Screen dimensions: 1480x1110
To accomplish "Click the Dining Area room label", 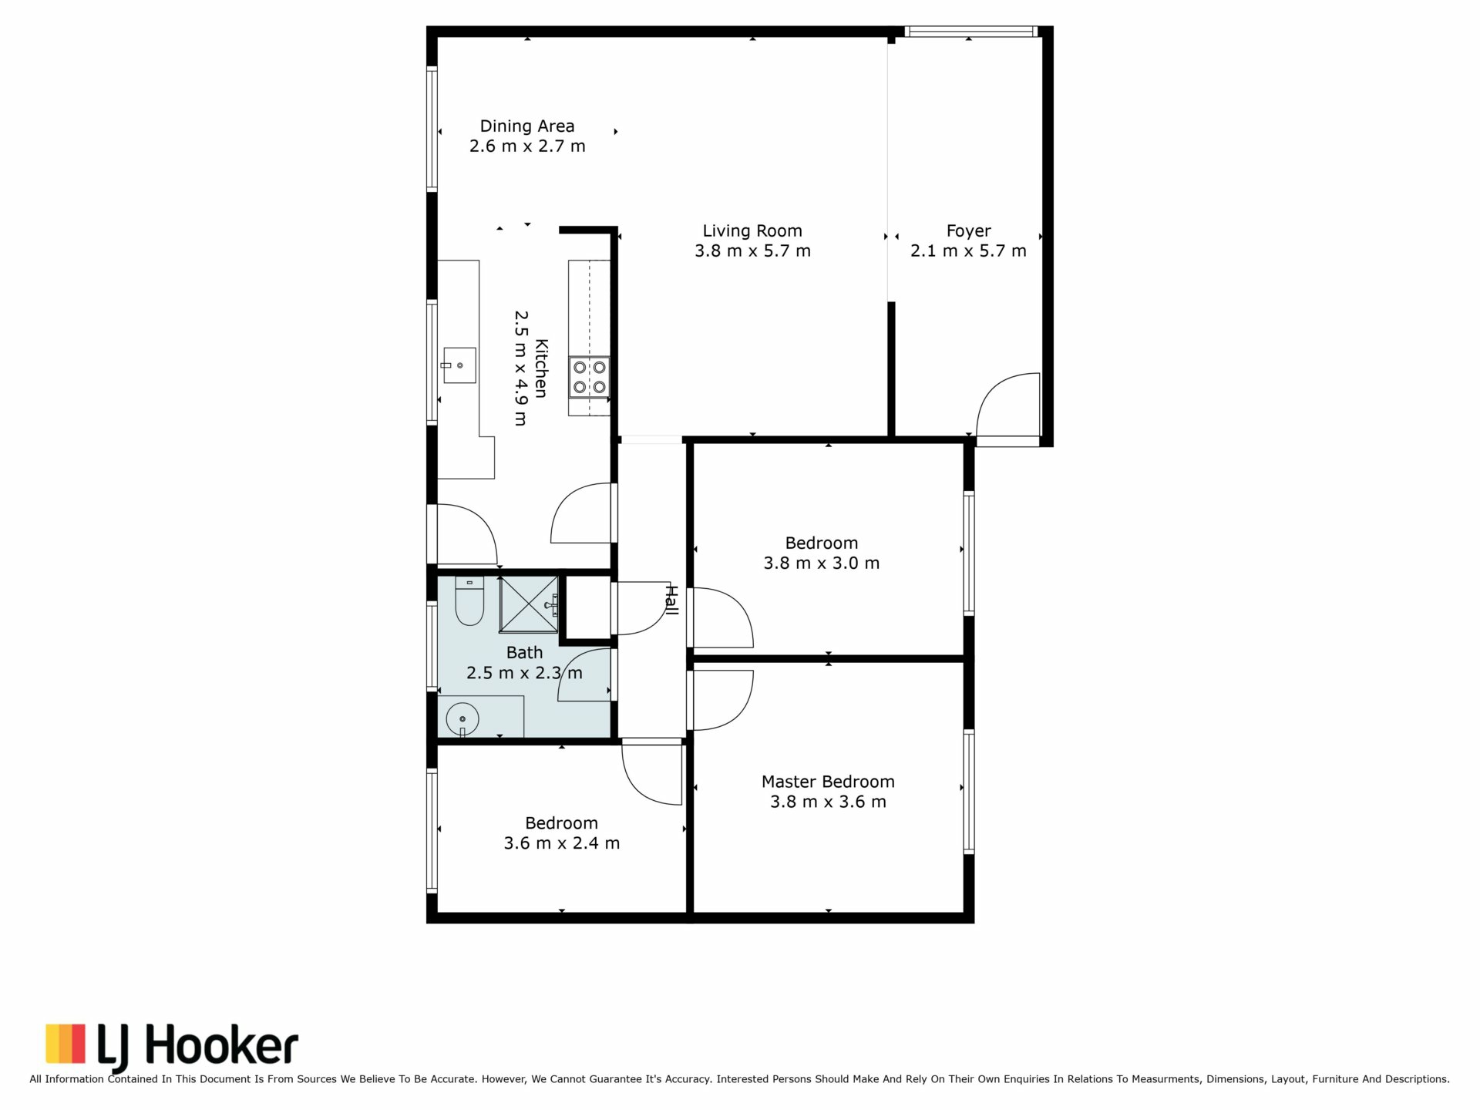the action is pos(527,126).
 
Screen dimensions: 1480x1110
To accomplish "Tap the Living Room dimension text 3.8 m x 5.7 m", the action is pos(752,251).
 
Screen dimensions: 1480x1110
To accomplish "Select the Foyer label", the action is pos(968,231).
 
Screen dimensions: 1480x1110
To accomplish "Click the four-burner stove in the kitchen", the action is pos(589,377).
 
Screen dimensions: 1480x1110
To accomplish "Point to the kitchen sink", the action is pos(459,365).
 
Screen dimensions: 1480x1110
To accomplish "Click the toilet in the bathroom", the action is pos(469,600).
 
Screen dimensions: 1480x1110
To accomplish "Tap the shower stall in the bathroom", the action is pos(529,604).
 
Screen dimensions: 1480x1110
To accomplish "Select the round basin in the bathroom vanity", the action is pos(462,719).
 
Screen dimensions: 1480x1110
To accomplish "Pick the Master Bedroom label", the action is pos(828,782).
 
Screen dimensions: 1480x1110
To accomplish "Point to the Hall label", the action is pos(671,600).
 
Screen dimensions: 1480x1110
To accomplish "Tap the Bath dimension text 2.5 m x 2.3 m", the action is pos(524,673).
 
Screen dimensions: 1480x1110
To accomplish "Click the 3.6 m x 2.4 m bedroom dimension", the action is pos(562,843).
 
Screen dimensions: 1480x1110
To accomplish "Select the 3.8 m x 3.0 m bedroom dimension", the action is pos(822,563).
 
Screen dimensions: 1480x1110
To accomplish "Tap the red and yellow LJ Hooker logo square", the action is pos(66,1043).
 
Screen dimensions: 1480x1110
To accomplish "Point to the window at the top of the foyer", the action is pos(970,32).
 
